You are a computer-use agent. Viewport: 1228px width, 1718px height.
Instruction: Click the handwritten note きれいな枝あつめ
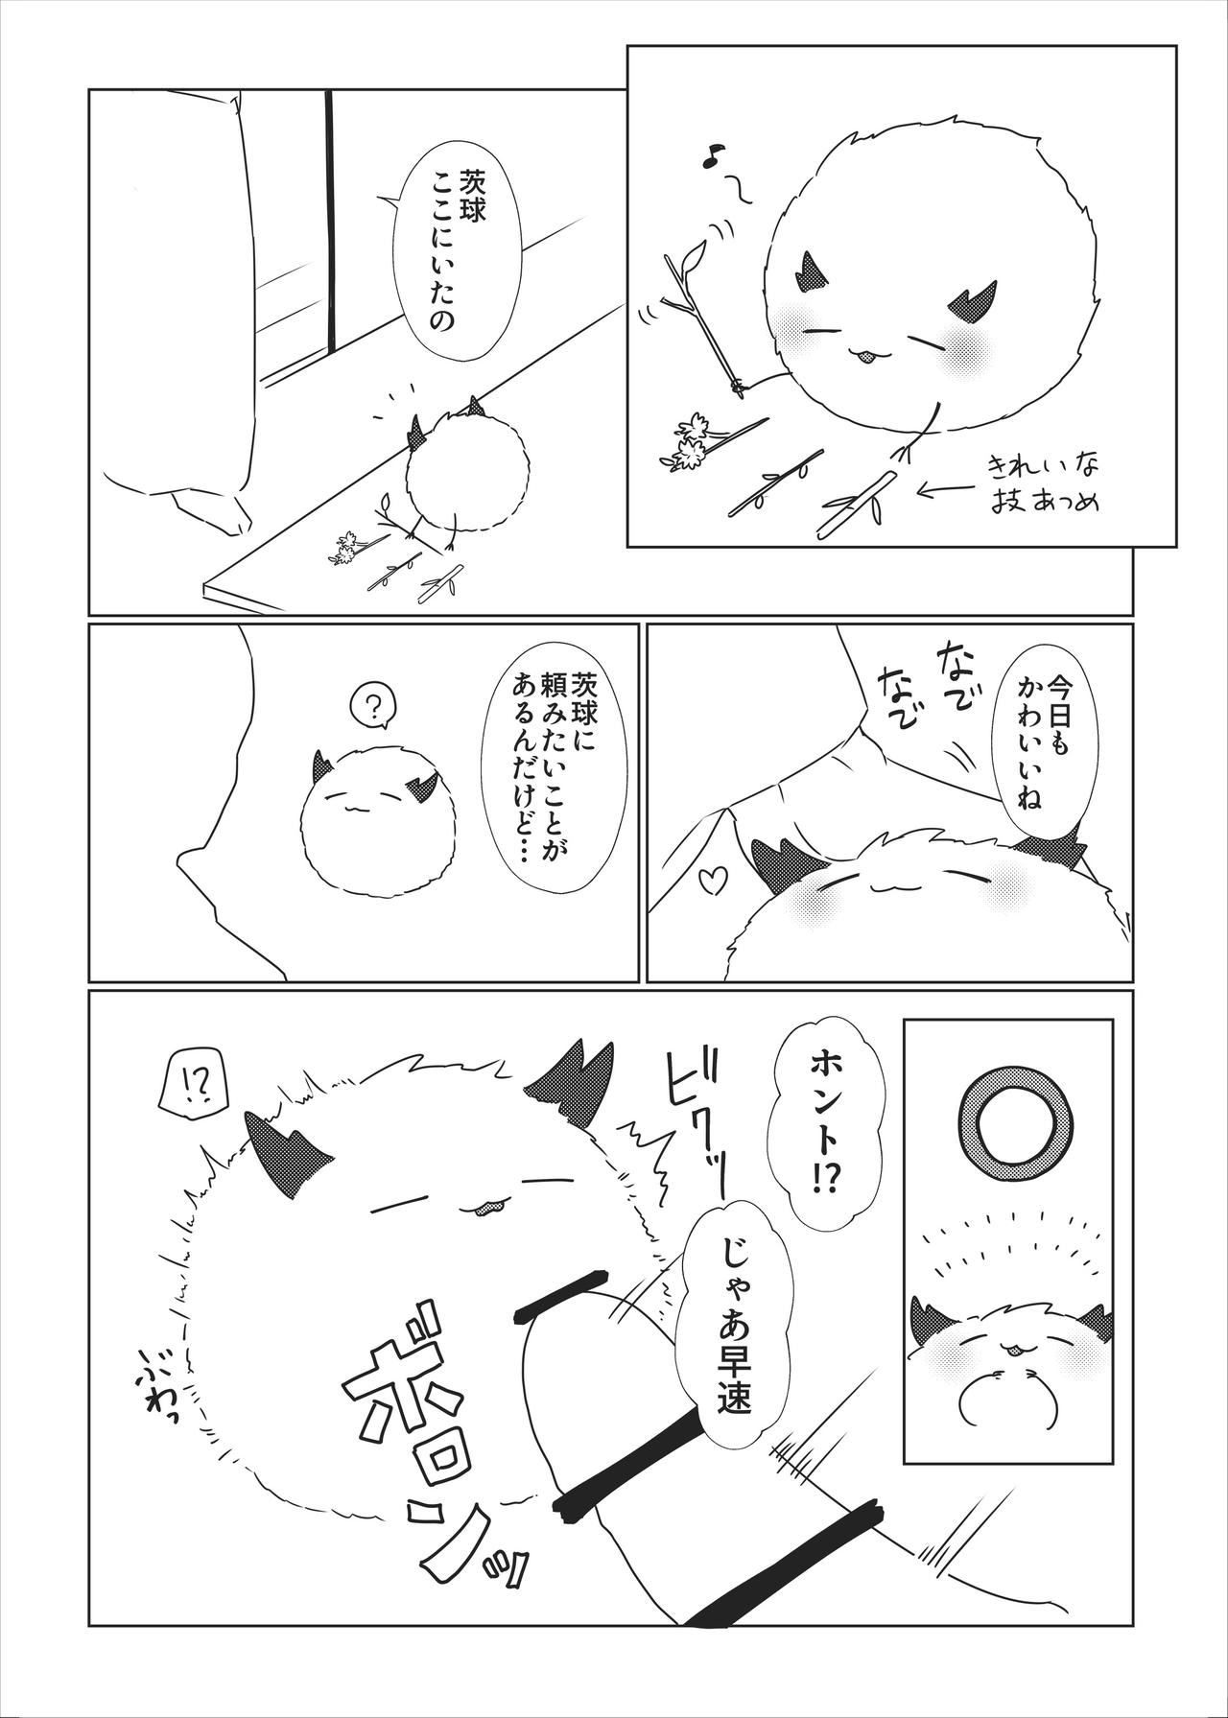1045,485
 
